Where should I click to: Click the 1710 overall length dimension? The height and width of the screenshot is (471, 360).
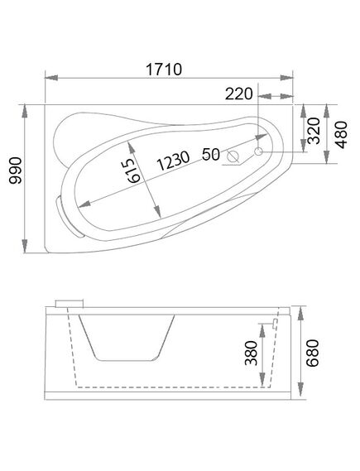click(x=164, y=70)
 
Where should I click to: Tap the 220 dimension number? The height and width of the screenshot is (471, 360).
click(x=239, y=94)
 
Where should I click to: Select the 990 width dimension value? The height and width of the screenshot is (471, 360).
click(x=16, y=171)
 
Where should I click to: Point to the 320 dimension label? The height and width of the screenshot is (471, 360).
click(x=314, y=131)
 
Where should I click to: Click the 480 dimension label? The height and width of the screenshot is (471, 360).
click(x=342, y=135)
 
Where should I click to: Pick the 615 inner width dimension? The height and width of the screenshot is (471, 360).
click(x=133, y=171)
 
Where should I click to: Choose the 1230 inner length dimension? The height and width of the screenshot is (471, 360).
click(x=173, y=161)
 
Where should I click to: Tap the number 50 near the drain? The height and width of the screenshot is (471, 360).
click(x=211, y=155)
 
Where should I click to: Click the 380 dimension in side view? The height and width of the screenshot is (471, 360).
click(x=252, y=353)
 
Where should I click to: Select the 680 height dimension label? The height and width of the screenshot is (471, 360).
click(x=312, y=353)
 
